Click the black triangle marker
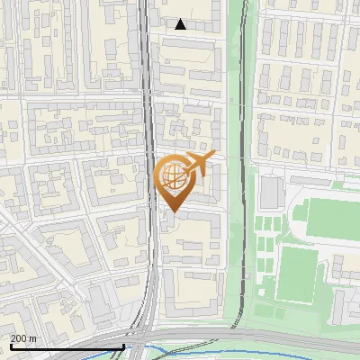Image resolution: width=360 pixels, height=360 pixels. tap(181, 24)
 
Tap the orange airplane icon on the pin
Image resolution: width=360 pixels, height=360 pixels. tap(199, 163)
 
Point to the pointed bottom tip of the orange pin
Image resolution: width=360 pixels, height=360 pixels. tap(172, 212)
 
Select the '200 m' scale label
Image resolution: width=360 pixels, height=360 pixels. tap(22, 337)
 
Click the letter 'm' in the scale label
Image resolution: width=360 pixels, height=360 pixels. tap(31, 337)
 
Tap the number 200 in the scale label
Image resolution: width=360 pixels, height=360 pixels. tap(18, 337)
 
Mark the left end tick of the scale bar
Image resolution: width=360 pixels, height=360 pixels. tap(11, 345)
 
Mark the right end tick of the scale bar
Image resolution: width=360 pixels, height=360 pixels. tap(124, 345)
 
